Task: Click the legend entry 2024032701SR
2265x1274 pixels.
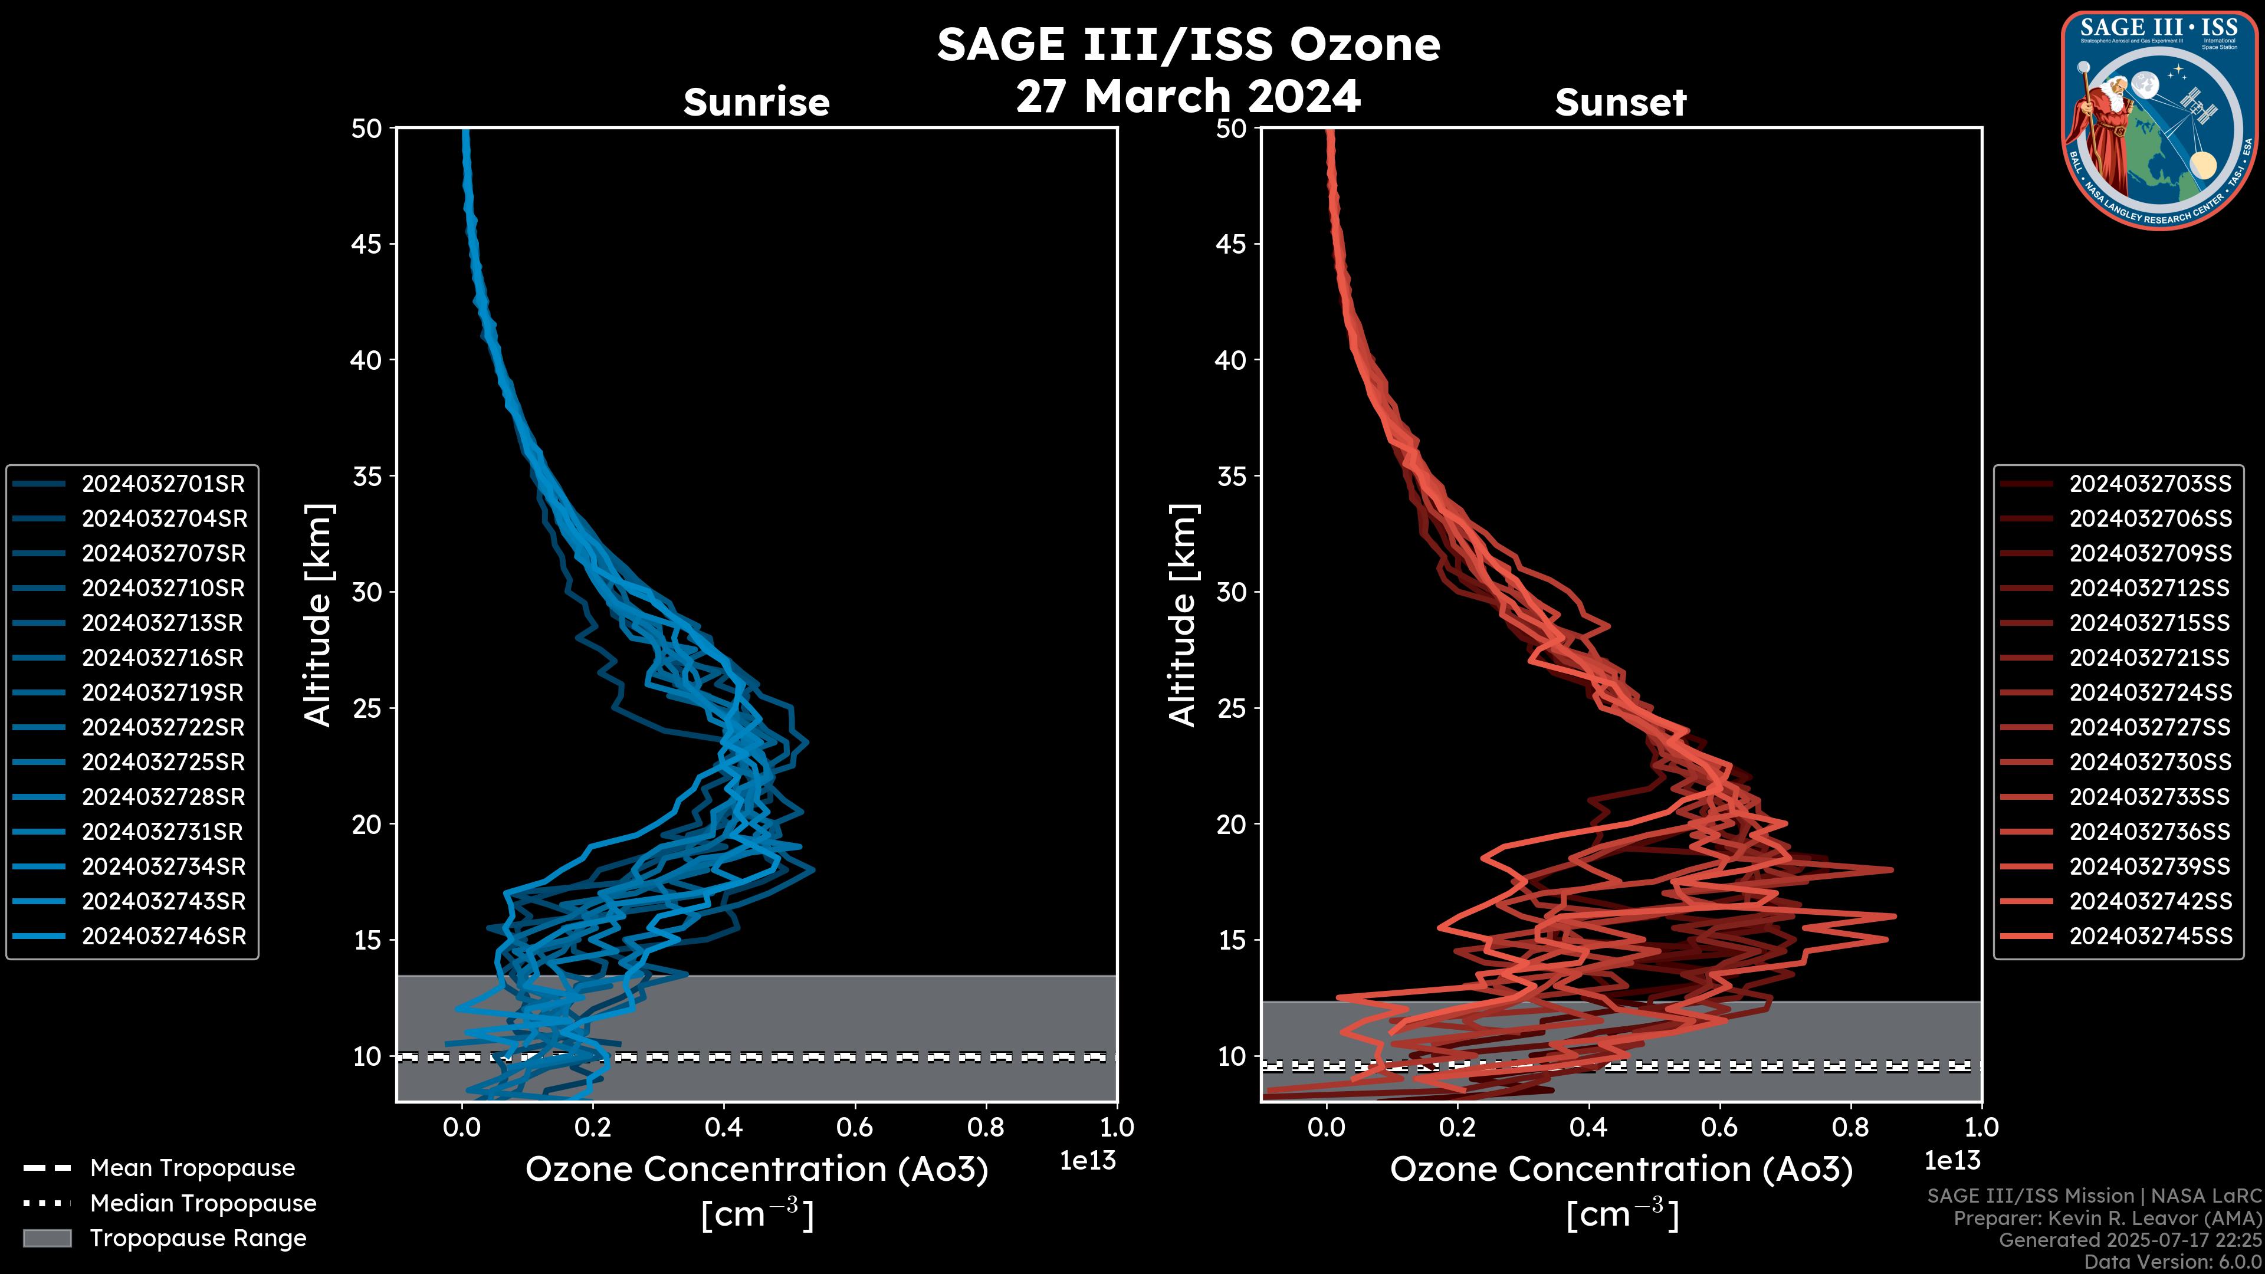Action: coord(163,484)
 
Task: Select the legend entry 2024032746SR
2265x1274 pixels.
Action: coord(163,937)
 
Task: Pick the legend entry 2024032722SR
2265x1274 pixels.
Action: coord(163,727)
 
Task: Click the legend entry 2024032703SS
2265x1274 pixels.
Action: coord(2150,484)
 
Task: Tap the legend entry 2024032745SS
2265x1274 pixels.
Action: coord(2150,937)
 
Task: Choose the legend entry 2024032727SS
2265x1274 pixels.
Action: coord(2150,727)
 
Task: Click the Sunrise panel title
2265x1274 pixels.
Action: coord(756,102)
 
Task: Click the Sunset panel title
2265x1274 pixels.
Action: coord(1620,102)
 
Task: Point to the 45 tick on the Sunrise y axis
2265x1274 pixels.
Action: coord(367,244)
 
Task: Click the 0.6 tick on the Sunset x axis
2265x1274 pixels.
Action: coord(1720,1127)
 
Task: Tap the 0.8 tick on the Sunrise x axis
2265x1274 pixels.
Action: coord(986,1127)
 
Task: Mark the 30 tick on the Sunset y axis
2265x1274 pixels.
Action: coord(1231,592)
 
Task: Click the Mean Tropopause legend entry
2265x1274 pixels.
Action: coord(192,1168)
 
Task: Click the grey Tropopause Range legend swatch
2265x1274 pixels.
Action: coord(47,1238)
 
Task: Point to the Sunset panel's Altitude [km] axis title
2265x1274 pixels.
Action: coord(1183,615)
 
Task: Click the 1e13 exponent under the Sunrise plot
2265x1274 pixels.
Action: coord(1088,1161)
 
